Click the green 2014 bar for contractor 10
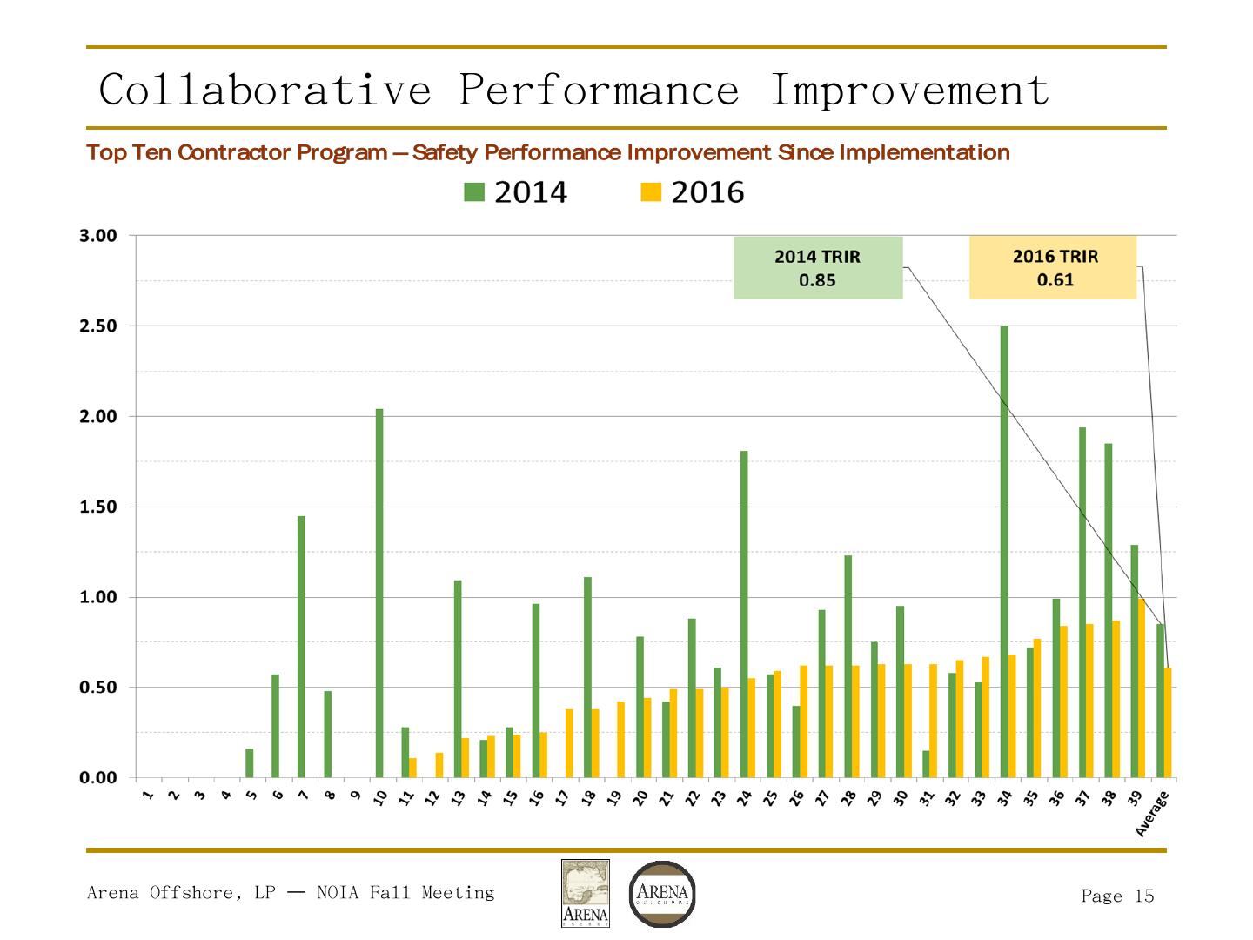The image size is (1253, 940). click(379, 592)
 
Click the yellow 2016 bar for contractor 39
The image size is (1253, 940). click(1142, 688)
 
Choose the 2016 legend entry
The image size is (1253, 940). click(693, 192)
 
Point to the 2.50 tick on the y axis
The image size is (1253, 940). click(97, 326)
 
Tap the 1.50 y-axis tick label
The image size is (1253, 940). click(97, 507)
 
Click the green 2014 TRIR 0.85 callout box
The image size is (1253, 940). click(818, 268)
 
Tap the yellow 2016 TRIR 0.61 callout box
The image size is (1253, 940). click(1053, 268)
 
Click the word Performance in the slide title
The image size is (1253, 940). click(599, 90)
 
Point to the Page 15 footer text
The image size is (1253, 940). click(1117, 896)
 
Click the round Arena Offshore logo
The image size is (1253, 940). click(662, 894)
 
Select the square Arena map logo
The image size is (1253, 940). click(586, 894)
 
